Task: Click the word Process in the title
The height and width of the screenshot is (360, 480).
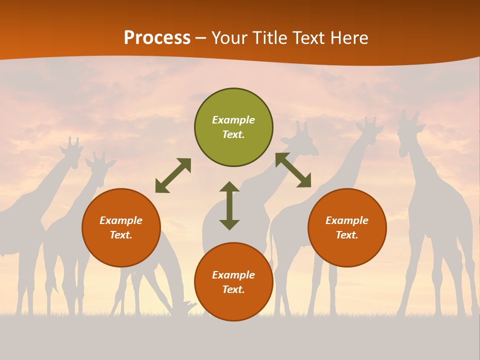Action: point(157,38)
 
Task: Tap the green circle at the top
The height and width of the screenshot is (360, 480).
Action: point(233,127)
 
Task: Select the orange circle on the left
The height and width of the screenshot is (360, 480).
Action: point(121,228)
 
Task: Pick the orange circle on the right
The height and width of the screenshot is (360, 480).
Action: point(347,228)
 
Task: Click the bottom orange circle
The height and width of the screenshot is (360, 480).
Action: point(233,282)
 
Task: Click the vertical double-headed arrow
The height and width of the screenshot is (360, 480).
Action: point(229,205)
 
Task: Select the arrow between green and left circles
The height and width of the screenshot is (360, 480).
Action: point(173,175)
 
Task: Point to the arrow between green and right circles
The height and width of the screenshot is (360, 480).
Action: point(293,170)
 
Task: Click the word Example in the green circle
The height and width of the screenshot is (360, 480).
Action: point(233,120)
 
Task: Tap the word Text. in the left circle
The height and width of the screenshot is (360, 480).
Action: point(121,235)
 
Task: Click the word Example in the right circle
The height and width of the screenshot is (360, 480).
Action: point(347,220)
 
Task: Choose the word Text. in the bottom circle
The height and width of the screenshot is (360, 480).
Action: point(233,290)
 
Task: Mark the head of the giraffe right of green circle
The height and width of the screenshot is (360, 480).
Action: point(305,140)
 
